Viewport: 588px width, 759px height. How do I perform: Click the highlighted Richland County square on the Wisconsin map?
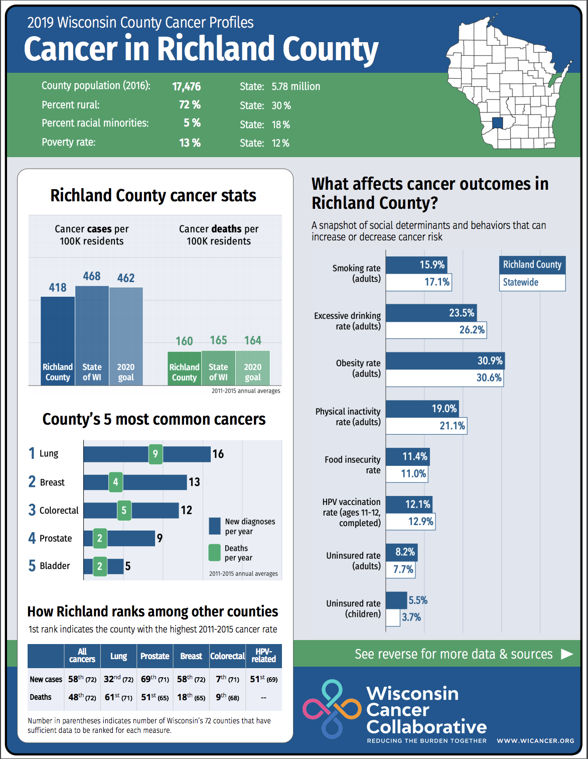click(497, 123)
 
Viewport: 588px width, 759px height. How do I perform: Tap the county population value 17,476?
click(186, 87)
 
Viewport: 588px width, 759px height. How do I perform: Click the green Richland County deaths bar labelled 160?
click(184, 368)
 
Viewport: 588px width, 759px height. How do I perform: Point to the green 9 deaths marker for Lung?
click(156, 454)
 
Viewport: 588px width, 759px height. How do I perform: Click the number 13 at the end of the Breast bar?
click(194, 482)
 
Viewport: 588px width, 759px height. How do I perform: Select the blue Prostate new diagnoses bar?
click(130, 538)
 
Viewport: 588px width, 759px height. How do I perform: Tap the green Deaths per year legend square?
click(215, 553)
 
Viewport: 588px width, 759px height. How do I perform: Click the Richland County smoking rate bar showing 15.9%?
click(416, 265)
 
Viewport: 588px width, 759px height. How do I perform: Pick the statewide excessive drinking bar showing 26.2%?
click(436, 330)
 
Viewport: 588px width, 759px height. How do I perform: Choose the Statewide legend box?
click(532, 282)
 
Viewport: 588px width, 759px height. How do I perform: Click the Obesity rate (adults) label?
click(358, 368)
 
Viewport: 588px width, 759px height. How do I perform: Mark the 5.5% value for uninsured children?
click(418, 600)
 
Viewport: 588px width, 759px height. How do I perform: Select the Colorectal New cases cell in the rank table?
click(227, 679)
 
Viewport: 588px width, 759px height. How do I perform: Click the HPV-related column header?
click(263, 656)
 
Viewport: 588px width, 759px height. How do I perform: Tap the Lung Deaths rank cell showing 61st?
click(118, 697)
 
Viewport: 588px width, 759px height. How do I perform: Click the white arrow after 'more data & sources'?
click(566, 654)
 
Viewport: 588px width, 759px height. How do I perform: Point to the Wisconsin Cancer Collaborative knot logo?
click(332, 709)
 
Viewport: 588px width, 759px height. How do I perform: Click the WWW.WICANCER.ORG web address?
click(535, 740)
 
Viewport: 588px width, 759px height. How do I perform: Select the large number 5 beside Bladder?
click(32, 566)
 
